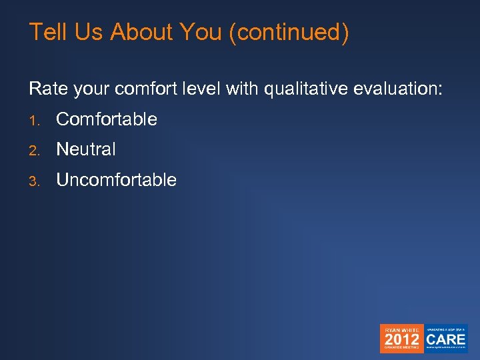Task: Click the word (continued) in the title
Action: pos(288,33)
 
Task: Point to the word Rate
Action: pos(45,89)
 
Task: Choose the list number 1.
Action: pos(33,120)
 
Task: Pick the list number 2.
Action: pos(33,150)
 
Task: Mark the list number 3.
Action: pos(33,181)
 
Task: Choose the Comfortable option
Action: pos(107,119)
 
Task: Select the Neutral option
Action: pos(86,149)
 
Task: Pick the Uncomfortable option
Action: pos(116,180)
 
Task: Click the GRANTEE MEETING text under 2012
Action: pos(401,347)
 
